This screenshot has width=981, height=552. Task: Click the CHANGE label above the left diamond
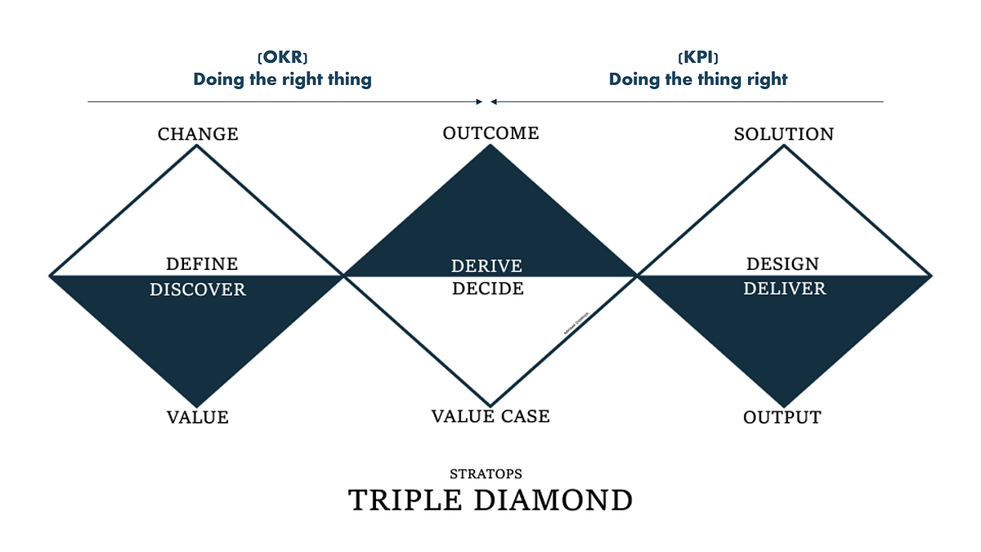pyautogui.click(x=198, y=134)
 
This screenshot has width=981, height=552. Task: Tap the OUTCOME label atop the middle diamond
pyautogui.click(x=490, y=133)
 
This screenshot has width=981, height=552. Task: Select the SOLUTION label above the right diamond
pyautogui.click(x=783, y=134)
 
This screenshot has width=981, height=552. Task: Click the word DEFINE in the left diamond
pyautogui.click(x=202, y=264)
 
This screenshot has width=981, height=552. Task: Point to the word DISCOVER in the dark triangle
pyautogui.click(x=197, y=290)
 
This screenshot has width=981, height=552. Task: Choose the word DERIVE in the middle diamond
pyautogui.click(x=486, y=267)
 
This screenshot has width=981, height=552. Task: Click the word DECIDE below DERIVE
pyautogui.click(x=488, y=289)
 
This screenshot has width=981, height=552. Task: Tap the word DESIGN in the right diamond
pyautogui.click(x=782, y=264)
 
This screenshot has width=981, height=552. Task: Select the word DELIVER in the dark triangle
pyautogui.click(x=784, y=289)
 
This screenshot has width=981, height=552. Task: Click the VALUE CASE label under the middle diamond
pyautogui.click(x=490, y=416)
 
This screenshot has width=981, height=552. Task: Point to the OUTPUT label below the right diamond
pyautogui.click(x=782, y=418)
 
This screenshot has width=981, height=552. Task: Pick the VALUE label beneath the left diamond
pyautogui.click(x=198, y=418)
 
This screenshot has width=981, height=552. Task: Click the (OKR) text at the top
pyautogui.click(x=282, y=58)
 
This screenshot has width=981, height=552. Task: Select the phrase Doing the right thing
pyautogui.click(x=282, y=79)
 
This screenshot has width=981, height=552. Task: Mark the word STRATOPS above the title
pyautogui.click(x=486, y=474)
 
